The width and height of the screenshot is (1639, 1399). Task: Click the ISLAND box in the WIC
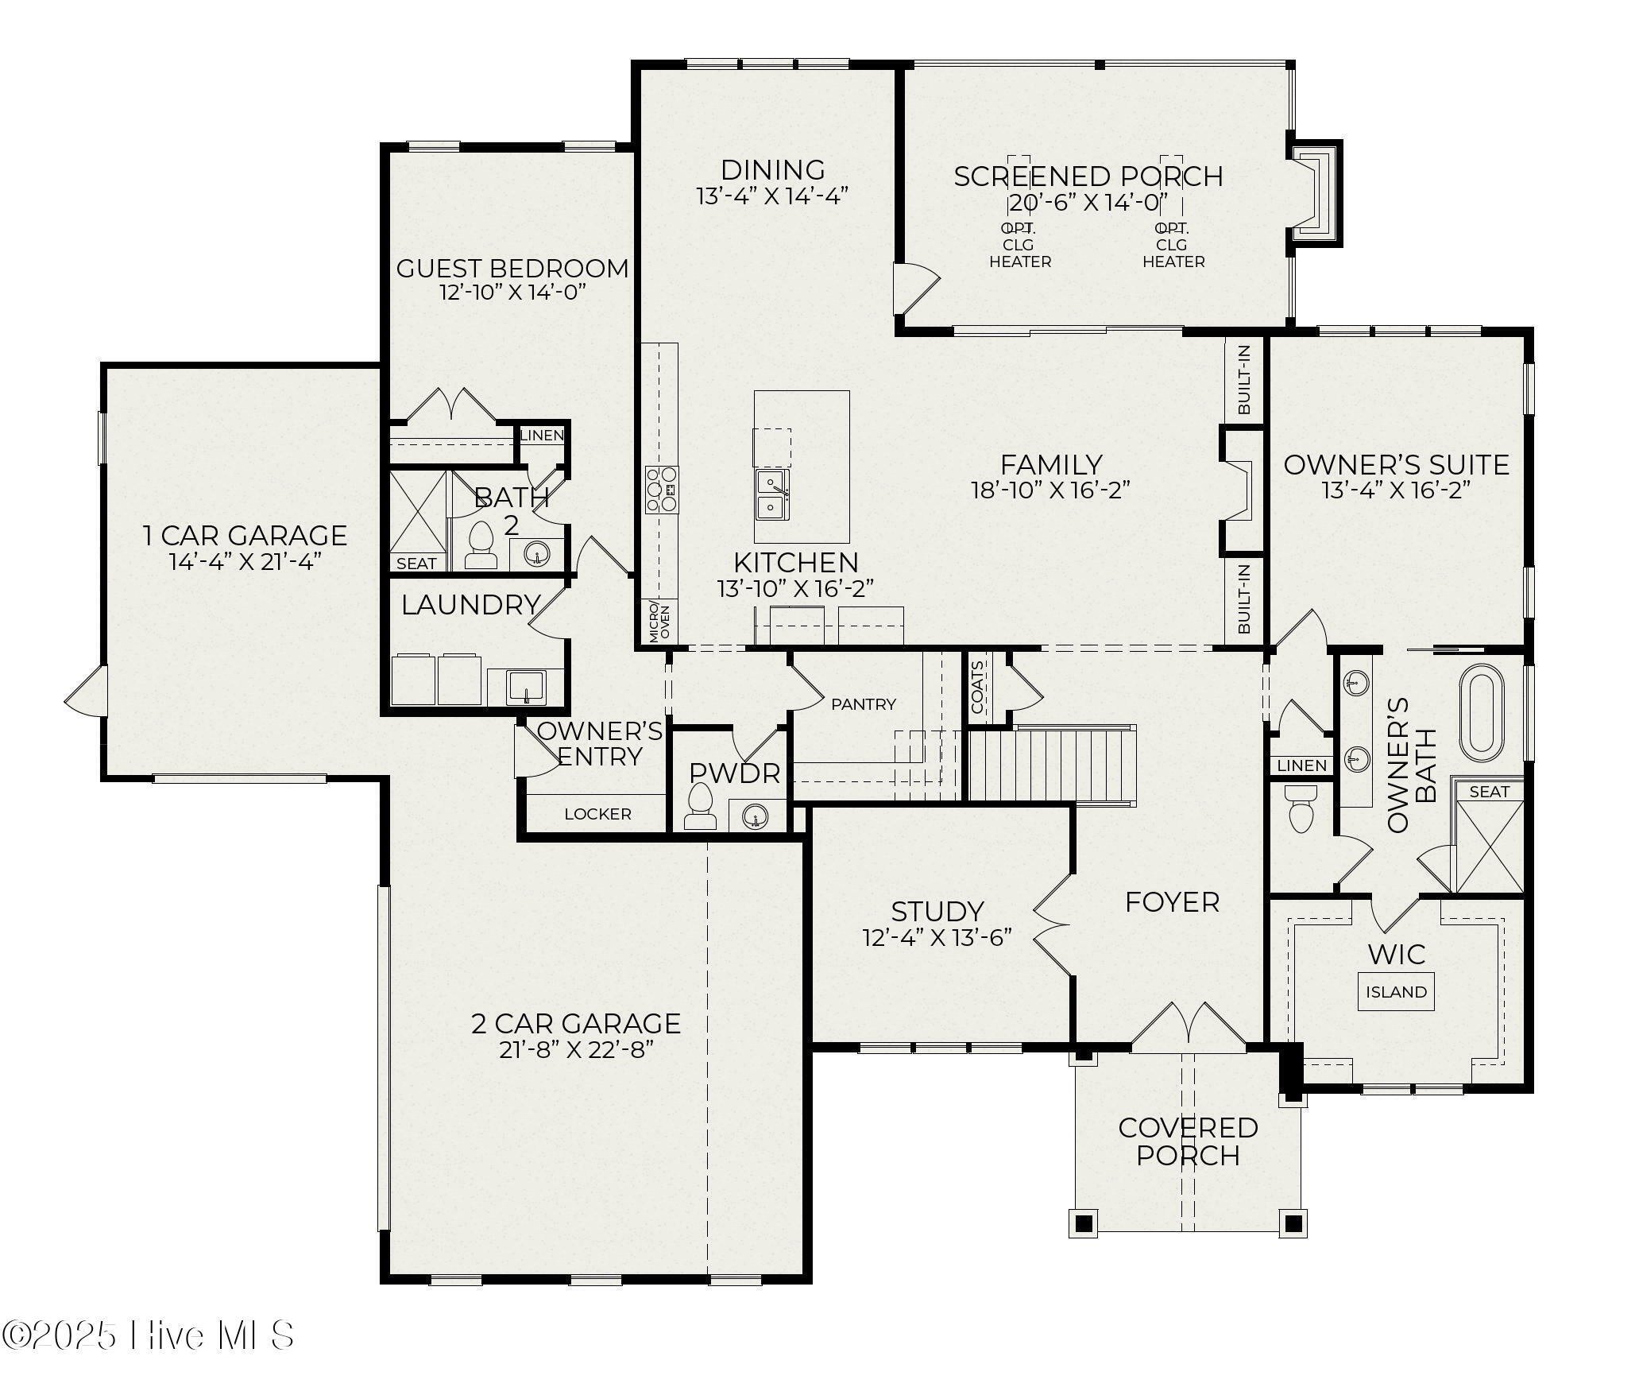[x=1396, y=992]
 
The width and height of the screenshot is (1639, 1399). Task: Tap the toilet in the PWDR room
[x=700, y=806]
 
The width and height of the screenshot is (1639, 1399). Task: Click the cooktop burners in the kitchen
[x=661, y=490]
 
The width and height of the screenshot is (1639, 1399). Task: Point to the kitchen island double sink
[x=772, y=494]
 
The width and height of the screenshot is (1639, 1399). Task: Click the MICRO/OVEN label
[x=659, y=622]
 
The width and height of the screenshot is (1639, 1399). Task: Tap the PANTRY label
[x=864, y=703]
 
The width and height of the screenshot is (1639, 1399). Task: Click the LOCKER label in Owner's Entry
[x=597, y=814]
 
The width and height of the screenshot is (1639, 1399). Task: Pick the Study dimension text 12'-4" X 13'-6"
[x=937, y=937]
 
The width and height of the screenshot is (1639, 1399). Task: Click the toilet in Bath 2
[x=481, y=544]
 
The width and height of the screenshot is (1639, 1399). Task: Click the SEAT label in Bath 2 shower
[x=416, y=564]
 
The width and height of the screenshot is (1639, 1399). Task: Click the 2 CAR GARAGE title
[x=576, y=1023]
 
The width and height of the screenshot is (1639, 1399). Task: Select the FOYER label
[x=1172, y=902]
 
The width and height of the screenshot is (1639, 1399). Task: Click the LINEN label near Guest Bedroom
[x=542, y=435]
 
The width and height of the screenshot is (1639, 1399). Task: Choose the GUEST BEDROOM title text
[x=512, y=269]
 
